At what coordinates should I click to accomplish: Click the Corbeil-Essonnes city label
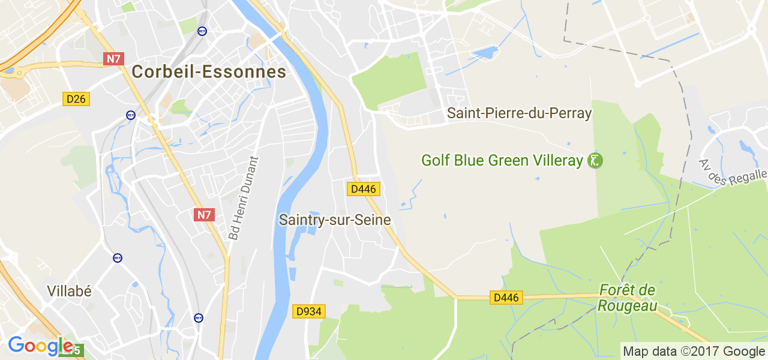tap(209, 72)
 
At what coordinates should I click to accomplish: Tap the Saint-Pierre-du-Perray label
tap(520, 113)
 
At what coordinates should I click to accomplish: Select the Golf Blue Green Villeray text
tap(502, 161)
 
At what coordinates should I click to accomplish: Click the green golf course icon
tap(595, 161)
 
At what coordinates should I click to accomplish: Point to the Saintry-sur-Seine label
tap(335, 220)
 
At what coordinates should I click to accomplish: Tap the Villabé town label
tap(70, 292)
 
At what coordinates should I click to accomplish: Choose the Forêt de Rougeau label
tap(627, 298)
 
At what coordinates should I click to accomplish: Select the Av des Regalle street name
tap(733, 173)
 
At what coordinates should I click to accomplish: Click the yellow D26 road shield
tap(76, 99)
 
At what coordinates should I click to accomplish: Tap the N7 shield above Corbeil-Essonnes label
tap(113, 59)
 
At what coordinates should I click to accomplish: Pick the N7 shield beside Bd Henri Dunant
tap(204, 214)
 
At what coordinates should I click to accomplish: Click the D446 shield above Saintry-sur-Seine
tap(364, 189)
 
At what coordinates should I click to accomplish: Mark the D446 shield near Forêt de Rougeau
tap(506, 297)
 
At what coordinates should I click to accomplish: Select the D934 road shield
tap(309, 311)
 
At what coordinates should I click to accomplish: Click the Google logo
tap(40, 346)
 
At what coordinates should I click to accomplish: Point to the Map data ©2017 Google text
tap(694, 352)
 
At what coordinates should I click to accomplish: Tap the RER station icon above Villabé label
tap(118, 258)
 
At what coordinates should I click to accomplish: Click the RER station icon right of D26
tap(131, 115)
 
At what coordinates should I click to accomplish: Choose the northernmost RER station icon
tap(202, 31)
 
